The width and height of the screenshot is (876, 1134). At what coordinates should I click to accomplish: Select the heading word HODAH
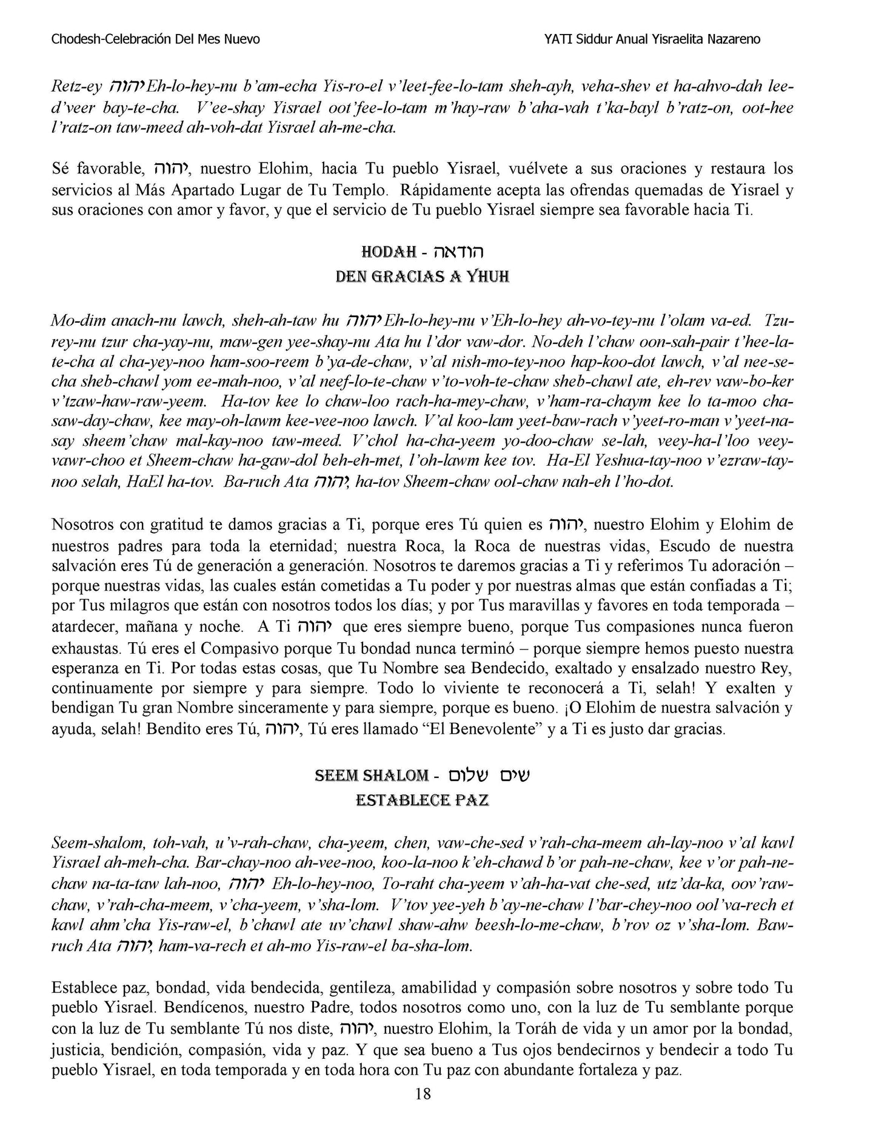tap(388, 252)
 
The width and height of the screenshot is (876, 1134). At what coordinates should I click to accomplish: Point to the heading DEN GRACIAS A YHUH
tap(422, 277)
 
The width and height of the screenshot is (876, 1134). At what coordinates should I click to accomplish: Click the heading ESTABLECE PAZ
tap(422, 800)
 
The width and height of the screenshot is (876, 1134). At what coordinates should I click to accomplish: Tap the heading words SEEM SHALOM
tap(372, 776)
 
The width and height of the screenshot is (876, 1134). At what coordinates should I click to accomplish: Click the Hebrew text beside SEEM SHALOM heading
tap(489, 776)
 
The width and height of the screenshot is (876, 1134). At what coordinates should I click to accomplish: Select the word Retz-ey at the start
tap(76, 87)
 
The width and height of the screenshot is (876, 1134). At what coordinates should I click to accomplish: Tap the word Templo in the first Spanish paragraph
tap(359, 190)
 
